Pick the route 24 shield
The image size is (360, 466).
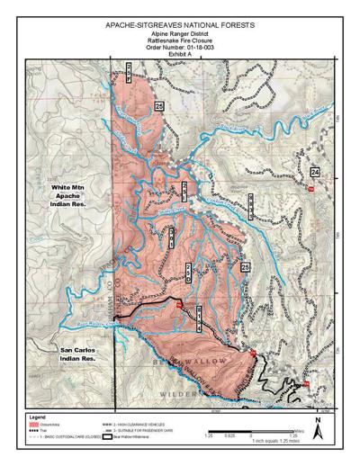click(314, 171)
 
